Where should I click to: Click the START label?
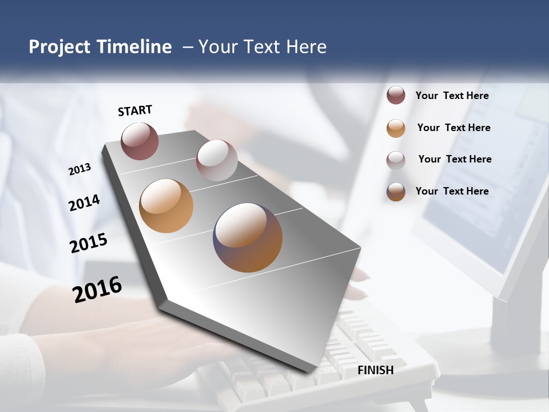[x=135, y=110]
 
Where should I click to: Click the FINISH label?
[x=376, y=370]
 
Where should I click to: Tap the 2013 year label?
[x=80, y=169]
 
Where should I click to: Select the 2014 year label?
[x=84, y=203]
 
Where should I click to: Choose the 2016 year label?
[x=97, y=289]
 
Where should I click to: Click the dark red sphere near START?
[x=140, y=141]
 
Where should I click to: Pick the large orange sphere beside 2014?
[x=166, y=206]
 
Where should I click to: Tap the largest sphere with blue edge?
[x=248, y=237]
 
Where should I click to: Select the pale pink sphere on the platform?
[x=217, y=160]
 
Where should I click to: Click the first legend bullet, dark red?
[x=396, y=96]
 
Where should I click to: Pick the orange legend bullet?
[x=396, y=128]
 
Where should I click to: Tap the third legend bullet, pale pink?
[x=396, y=160]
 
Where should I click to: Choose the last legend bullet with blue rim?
[x=396, y=192]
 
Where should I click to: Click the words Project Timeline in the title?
[x=100, y=47]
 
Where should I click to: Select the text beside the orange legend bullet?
[x=453, y=128]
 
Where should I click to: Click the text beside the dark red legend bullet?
[x=452, y=96]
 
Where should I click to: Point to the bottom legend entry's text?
[x=452, y=191]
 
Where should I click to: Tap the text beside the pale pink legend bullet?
[x=455, y=159]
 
